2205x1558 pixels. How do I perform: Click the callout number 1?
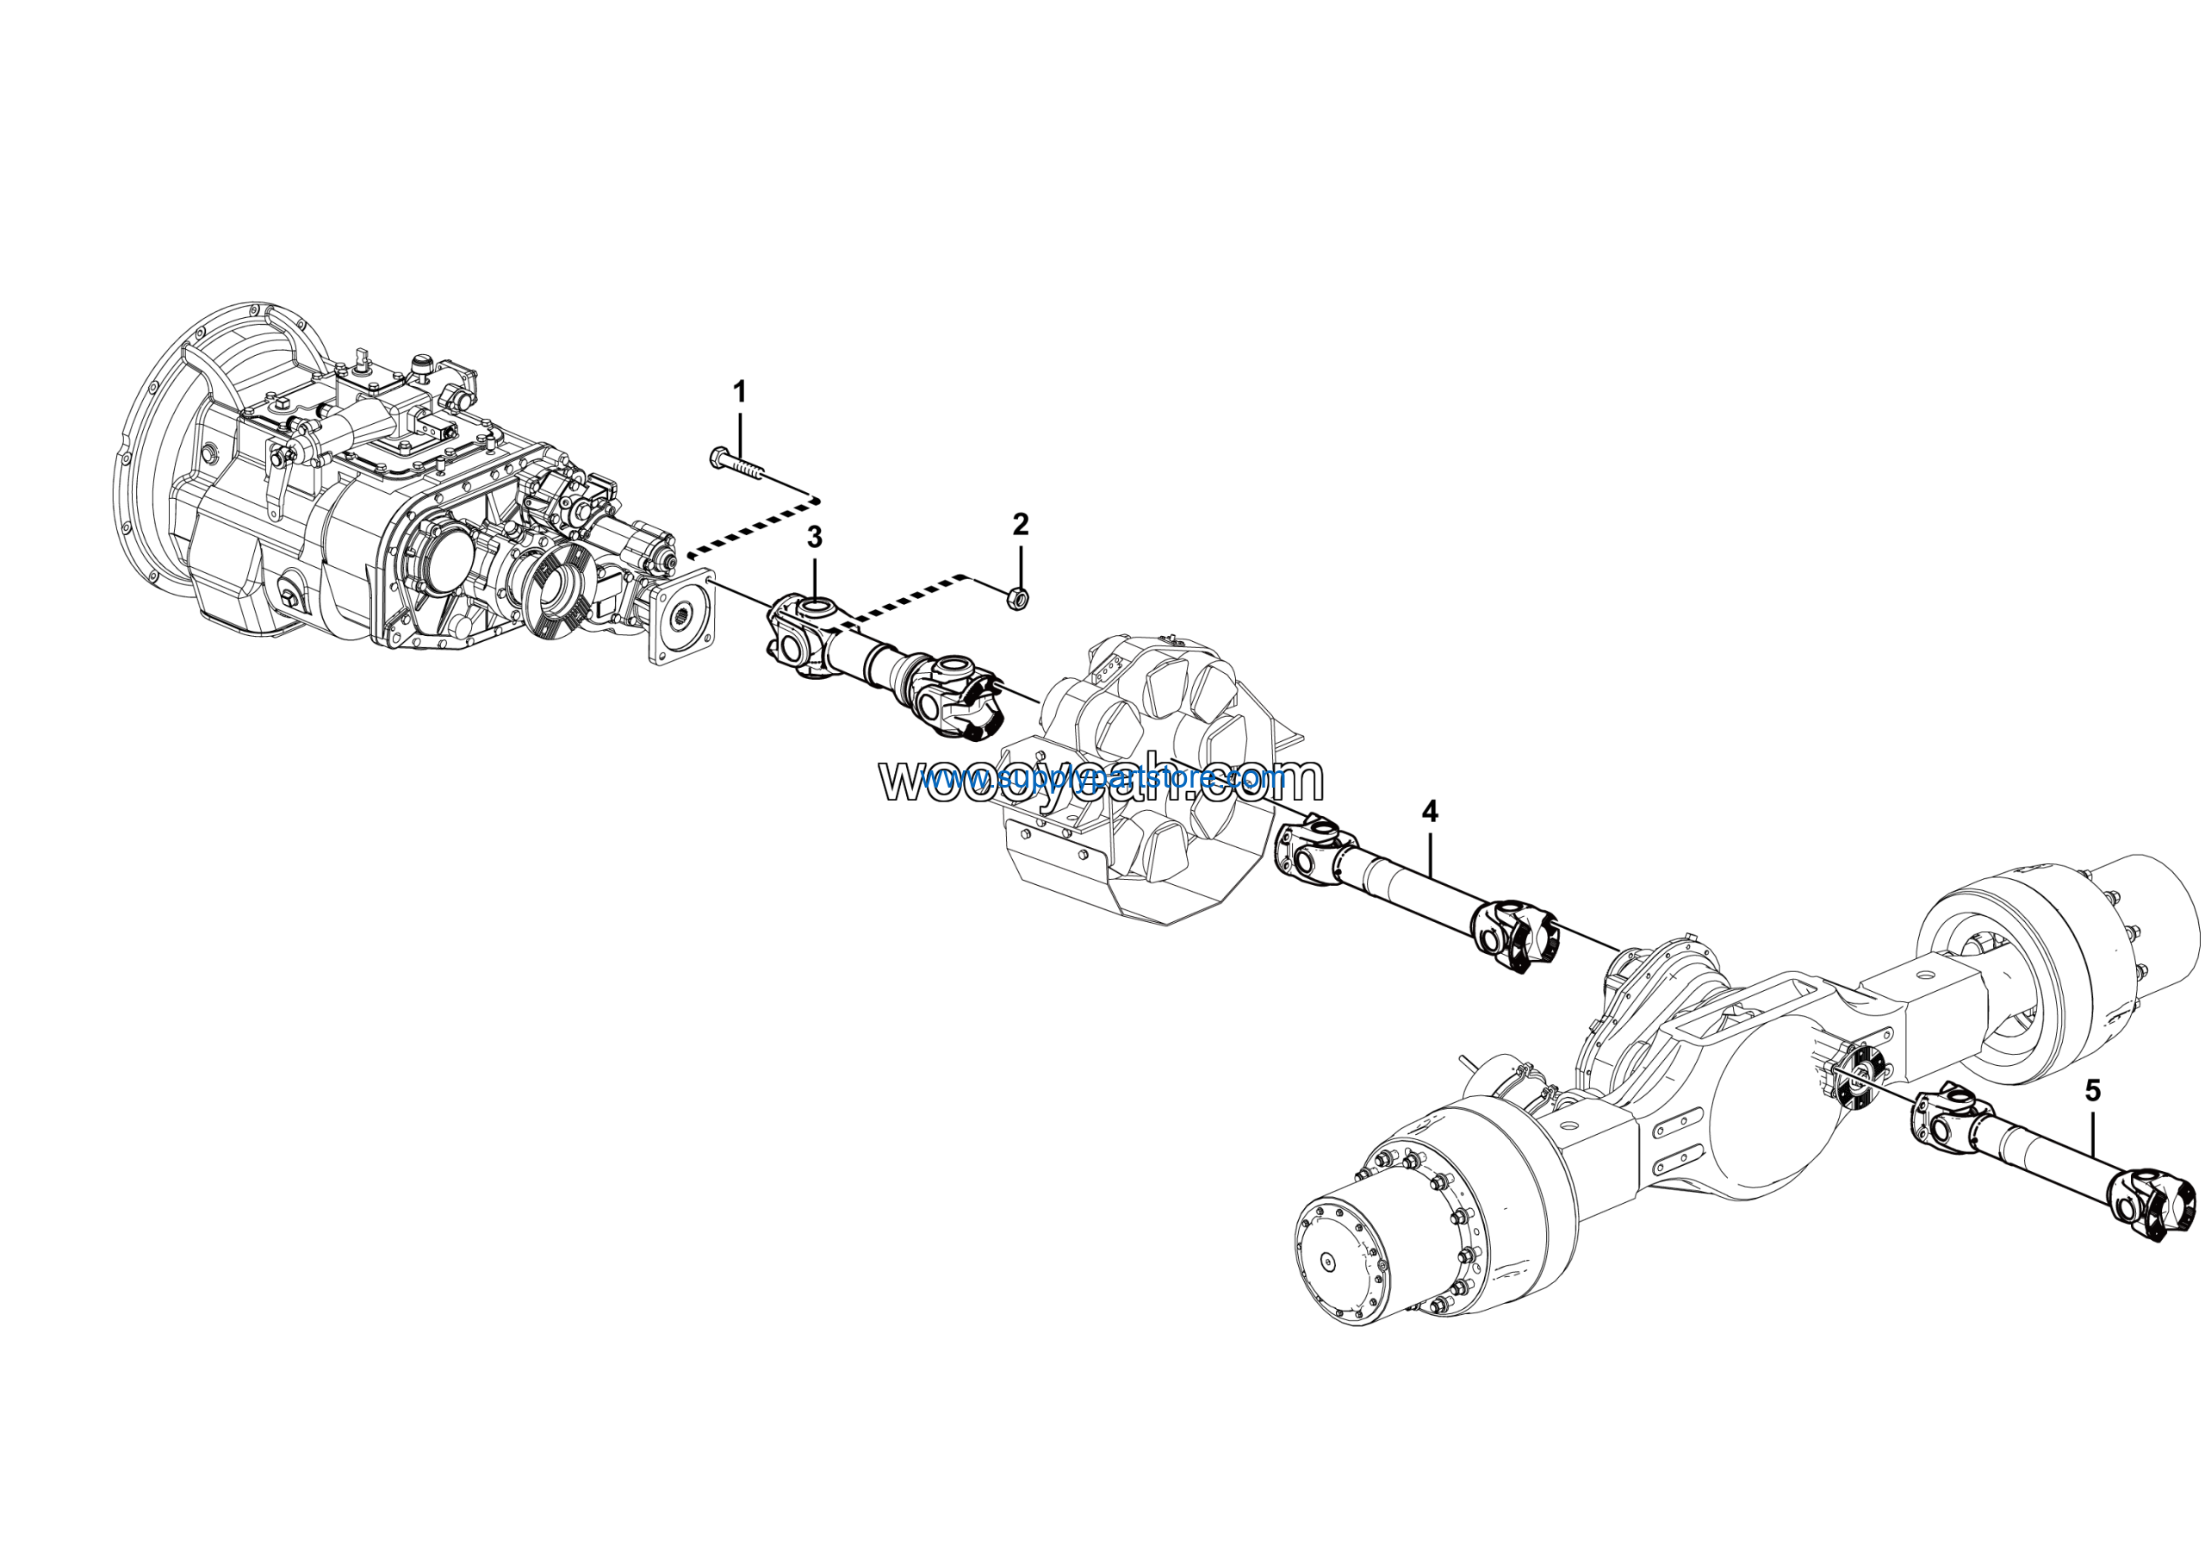point(738,392)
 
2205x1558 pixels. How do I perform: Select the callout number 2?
point(1020,525)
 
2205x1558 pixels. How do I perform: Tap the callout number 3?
point(815,538)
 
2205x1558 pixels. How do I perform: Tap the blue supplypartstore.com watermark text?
point(1104,777)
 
